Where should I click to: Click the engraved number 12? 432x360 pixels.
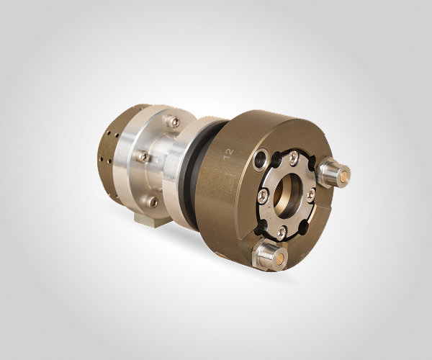click(229, 154)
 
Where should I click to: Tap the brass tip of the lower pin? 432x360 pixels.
click(281, 258)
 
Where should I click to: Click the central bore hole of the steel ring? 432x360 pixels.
click(287, 196)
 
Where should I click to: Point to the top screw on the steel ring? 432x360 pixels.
click(293, 159)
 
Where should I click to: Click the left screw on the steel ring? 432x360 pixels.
click(263, 196)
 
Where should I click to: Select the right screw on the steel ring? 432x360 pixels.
click(311, 195)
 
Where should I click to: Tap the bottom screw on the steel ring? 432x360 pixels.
click(281, 232)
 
